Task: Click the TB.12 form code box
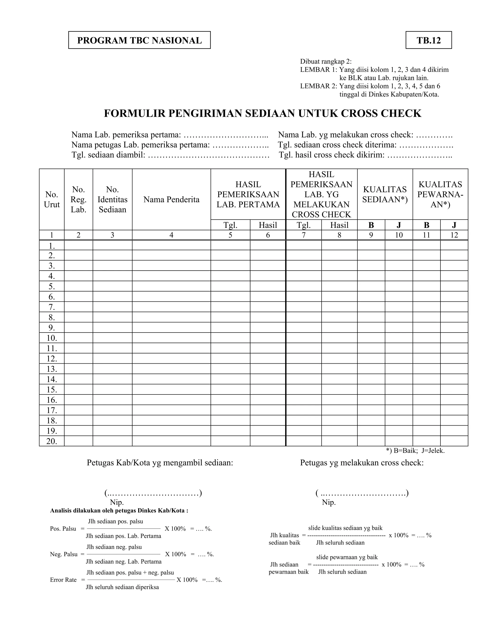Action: point(428,40)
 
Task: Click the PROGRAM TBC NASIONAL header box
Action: point(139,40)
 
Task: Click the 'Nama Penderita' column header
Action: point(171,199)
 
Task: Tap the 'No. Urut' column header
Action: point(52,199)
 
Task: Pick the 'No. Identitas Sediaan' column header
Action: point(112,199)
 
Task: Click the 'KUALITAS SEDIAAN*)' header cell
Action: point(385,194)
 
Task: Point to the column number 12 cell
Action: point(454,235)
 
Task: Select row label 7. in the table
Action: point(52,307)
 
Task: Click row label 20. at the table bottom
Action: point(52,441)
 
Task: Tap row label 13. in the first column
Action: point(52,369)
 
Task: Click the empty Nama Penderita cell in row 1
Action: point(171,245)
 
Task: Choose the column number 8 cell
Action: point(339,235)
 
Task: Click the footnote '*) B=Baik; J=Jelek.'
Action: point(415,451)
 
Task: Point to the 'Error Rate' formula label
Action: point(63,580)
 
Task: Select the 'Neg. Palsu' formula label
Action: point(64,554)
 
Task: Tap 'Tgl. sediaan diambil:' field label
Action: point(108,155)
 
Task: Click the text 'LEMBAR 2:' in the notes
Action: point(318,86)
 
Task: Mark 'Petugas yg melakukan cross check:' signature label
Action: point(362,463)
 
